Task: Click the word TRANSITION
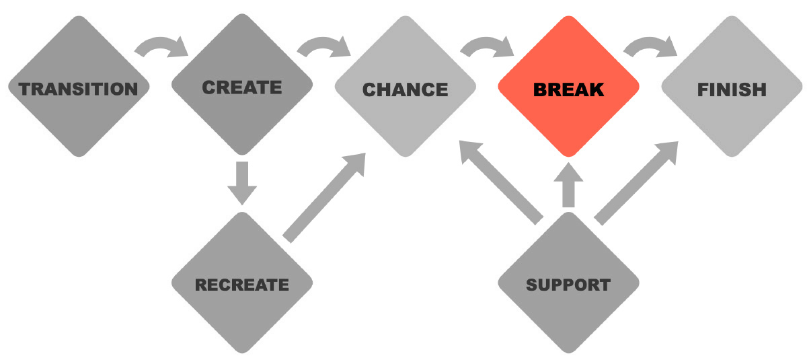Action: coord(78,88)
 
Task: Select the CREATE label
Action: coord(242,87)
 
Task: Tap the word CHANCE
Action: coord(405,89)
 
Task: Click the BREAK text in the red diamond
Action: coord(568,89)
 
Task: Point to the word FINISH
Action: coord(732,89)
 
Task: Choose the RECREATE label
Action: coord(242,285)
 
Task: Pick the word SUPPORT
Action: coord(568,285)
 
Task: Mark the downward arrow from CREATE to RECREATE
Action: coord(242,182)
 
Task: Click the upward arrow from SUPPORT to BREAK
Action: coord(568,185)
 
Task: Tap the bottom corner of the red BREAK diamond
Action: coord(568,159)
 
